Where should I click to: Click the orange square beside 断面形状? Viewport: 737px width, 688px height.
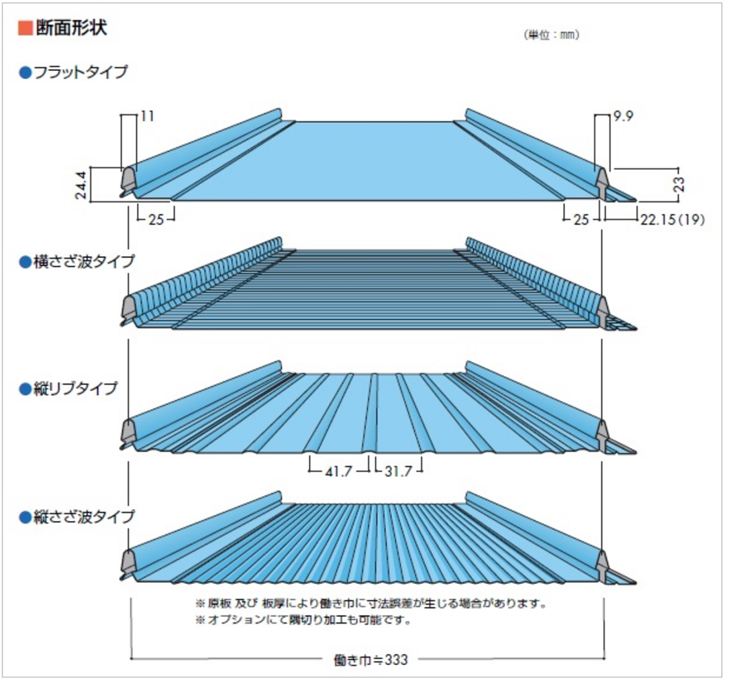click(25, 28)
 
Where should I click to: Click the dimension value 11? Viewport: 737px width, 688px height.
click(148, 117)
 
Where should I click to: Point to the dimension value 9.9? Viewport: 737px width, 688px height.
click(624, 117)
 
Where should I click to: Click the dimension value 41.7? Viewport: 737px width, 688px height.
click(340, 471)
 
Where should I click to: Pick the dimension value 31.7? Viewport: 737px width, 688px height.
click(399, 471)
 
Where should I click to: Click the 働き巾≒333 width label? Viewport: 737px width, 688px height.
click(371, 659)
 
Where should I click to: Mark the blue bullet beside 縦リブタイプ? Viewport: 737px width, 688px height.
click(26, 389)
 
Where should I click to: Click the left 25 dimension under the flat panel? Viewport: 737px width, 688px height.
click(156, 219)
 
